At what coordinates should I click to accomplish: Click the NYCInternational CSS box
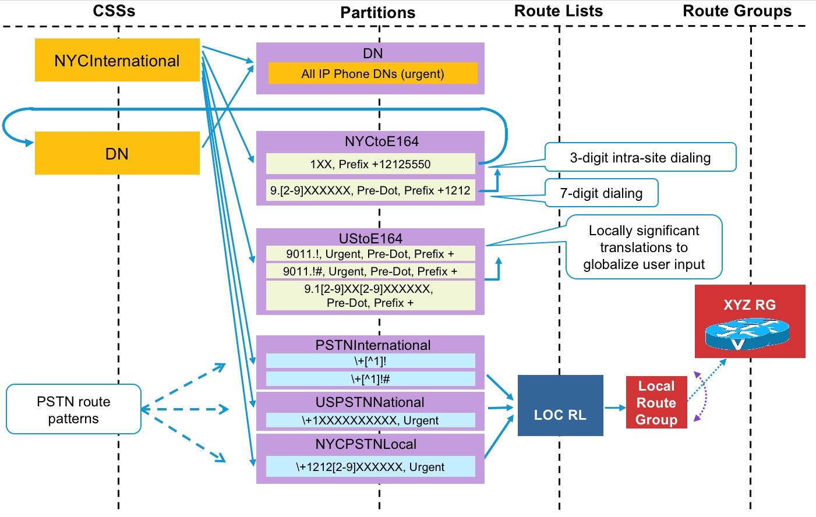coord(117,60)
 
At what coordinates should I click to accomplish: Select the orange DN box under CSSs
coord(117,153)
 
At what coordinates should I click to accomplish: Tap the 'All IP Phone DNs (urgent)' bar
coord(373,74)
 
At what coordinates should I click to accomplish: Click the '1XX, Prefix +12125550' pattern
coord(370,164)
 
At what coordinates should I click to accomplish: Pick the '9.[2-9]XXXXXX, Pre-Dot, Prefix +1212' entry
coord(370,190)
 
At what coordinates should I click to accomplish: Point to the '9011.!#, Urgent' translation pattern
coord(370,271)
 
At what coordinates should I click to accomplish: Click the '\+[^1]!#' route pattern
coord(370,379)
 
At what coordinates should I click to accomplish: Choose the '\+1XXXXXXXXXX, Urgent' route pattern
coord(370,420)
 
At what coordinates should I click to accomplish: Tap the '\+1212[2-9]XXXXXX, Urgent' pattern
coord(370,467)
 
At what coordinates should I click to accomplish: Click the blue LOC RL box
coord(560,406)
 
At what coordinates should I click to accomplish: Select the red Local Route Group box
coord(656,403)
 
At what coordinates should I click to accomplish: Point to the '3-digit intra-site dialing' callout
coord(640,157)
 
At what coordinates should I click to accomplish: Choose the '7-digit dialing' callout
coord(601,193)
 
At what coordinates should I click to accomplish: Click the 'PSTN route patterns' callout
coord(73,409)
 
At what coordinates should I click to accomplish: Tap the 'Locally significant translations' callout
coord(644,247)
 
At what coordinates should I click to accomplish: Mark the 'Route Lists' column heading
coord(558,11)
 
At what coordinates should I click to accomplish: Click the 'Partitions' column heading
coord(377,13)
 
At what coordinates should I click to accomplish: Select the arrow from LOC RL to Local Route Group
coord(614,408)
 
